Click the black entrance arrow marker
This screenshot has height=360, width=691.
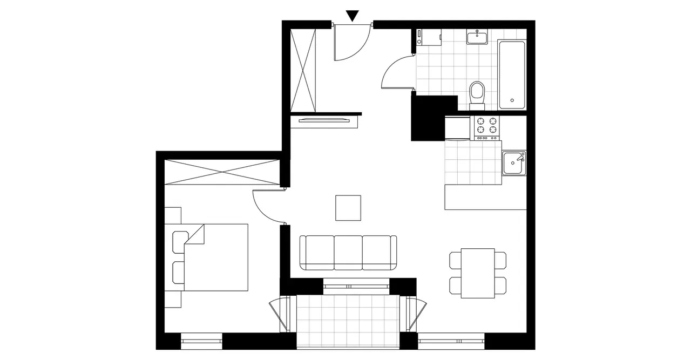(x=352, y=16)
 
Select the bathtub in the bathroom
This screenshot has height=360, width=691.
(x=511, y=74)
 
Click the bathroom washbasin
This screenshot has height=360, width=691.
(x=477, y=37)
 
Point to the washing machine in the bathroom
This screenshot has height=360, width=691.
(x=429, y=38)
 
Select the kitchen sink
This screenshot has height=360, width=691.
(x=513, y=163)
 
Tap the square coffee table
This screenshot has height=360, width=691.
(x=348, y=208)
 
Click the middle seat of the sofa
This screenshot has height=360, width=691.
(x=348, y=252)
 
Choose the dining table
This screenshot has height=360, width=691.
(x=478, y=273)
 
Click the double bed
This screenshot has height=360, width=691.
(x=216, y=257)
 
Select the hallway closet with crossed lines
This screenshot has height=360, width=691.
(x=302, y=69)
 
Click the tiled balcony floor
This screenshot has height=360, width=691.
(x=348, y=321)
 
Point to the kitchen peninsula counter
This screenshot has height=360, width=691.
(x=485, y=197)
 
